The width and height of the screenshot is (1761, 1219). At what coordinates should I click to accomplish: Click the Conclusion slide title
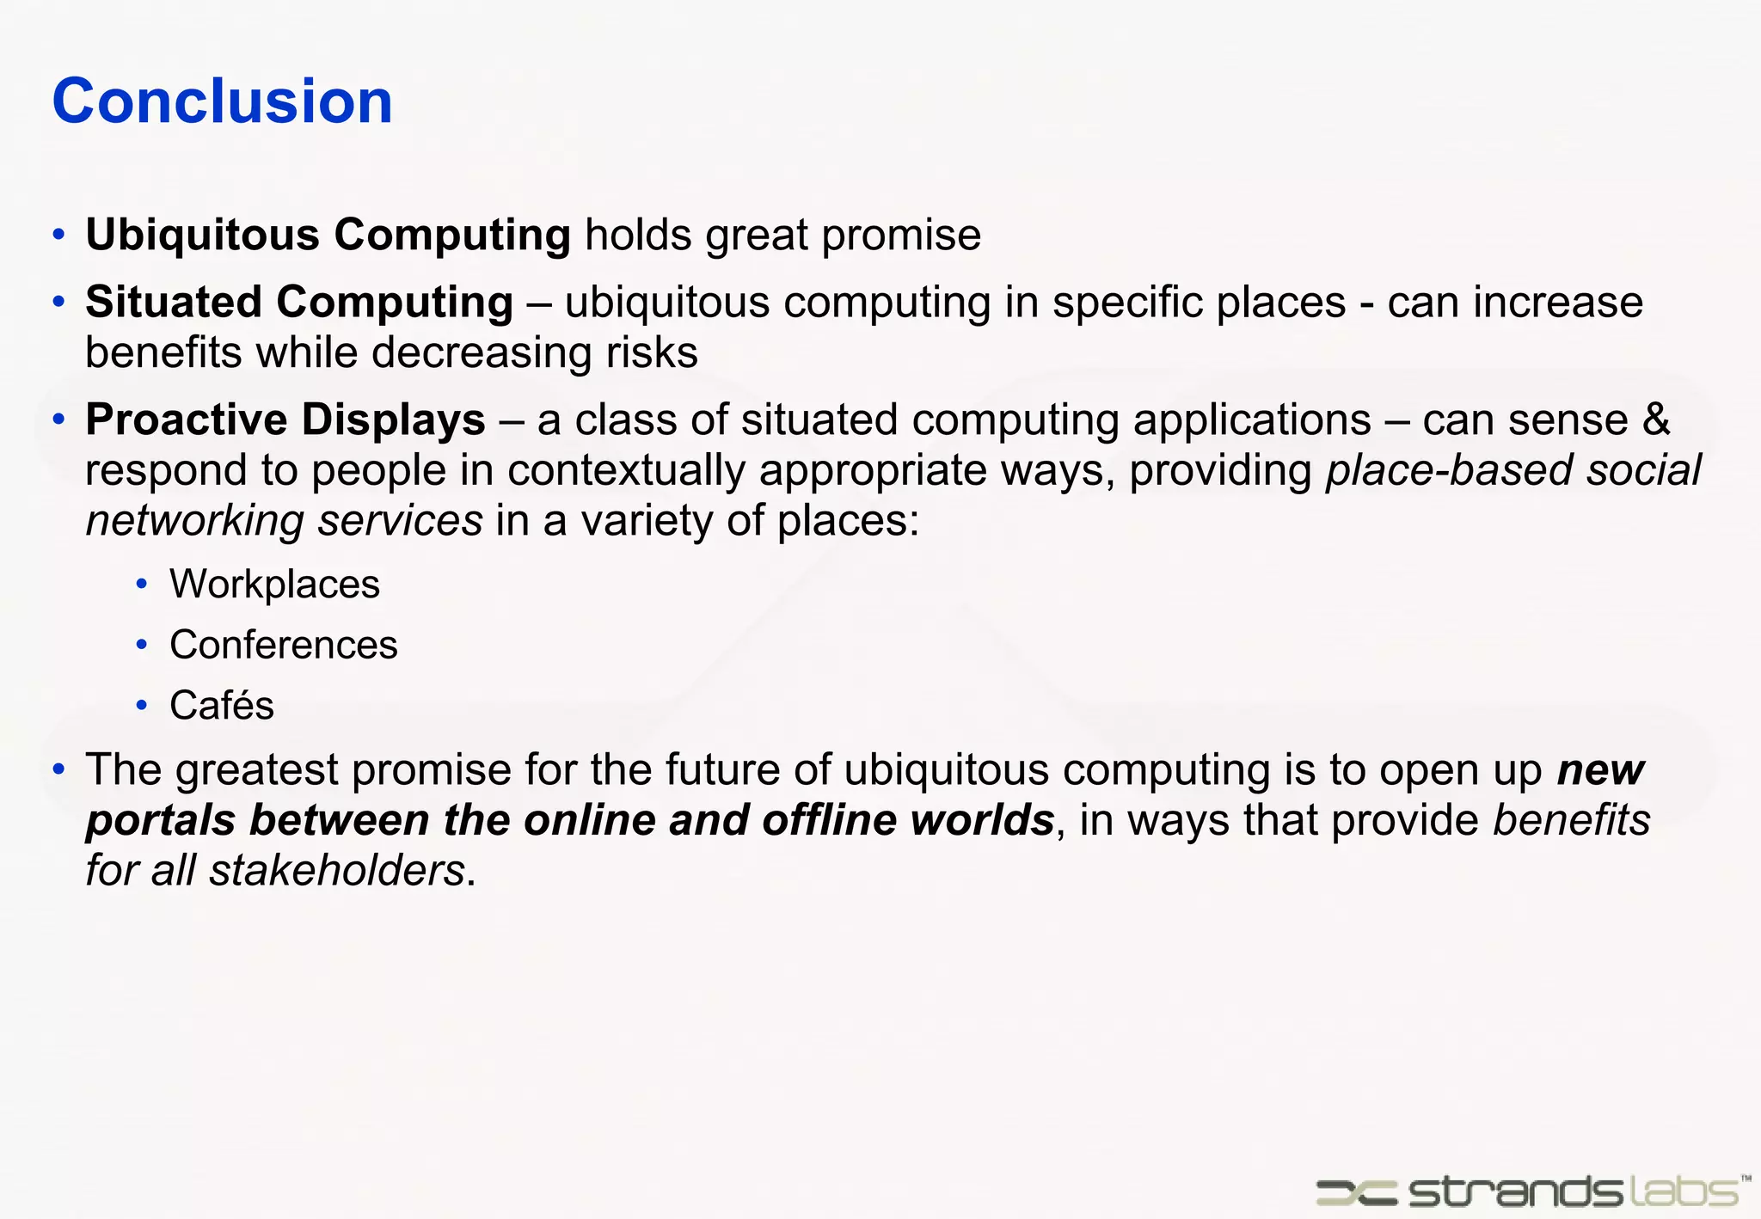[222, 101]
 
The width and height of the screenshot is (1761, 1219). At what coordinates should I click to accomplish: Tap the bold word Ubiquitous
[202, 235]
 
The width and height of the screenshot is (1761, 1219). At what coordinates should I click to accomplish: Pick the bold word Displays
[393, 420]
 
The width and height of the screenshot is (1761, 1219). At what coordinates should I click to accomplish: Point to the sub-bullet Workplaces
[274, 585]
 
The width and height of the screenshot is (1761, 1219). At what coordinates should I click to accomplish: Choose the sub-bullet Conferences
[283, 645]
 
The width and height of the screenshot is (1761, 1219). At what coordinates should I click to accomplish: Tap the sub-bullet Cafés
[221, 705]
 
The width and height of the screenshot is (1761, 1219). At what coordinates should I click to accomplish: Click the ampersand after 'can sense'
[1656, 420]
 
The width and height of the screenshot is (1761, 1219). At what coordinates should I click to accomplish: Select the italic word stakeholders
[337, 870]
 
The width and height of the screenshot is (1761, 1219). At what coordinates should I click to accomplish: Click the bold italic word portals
[160, 821]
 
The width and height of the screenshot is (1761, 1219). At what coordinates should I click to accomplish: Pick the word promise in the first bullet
[901, 235]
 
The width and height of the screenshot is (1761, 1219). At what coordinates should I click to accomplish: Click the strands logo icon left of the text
[1356, 1191]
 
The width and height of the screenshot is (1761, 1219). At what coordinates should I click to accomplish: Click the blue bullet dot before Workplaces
[142, 585]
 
